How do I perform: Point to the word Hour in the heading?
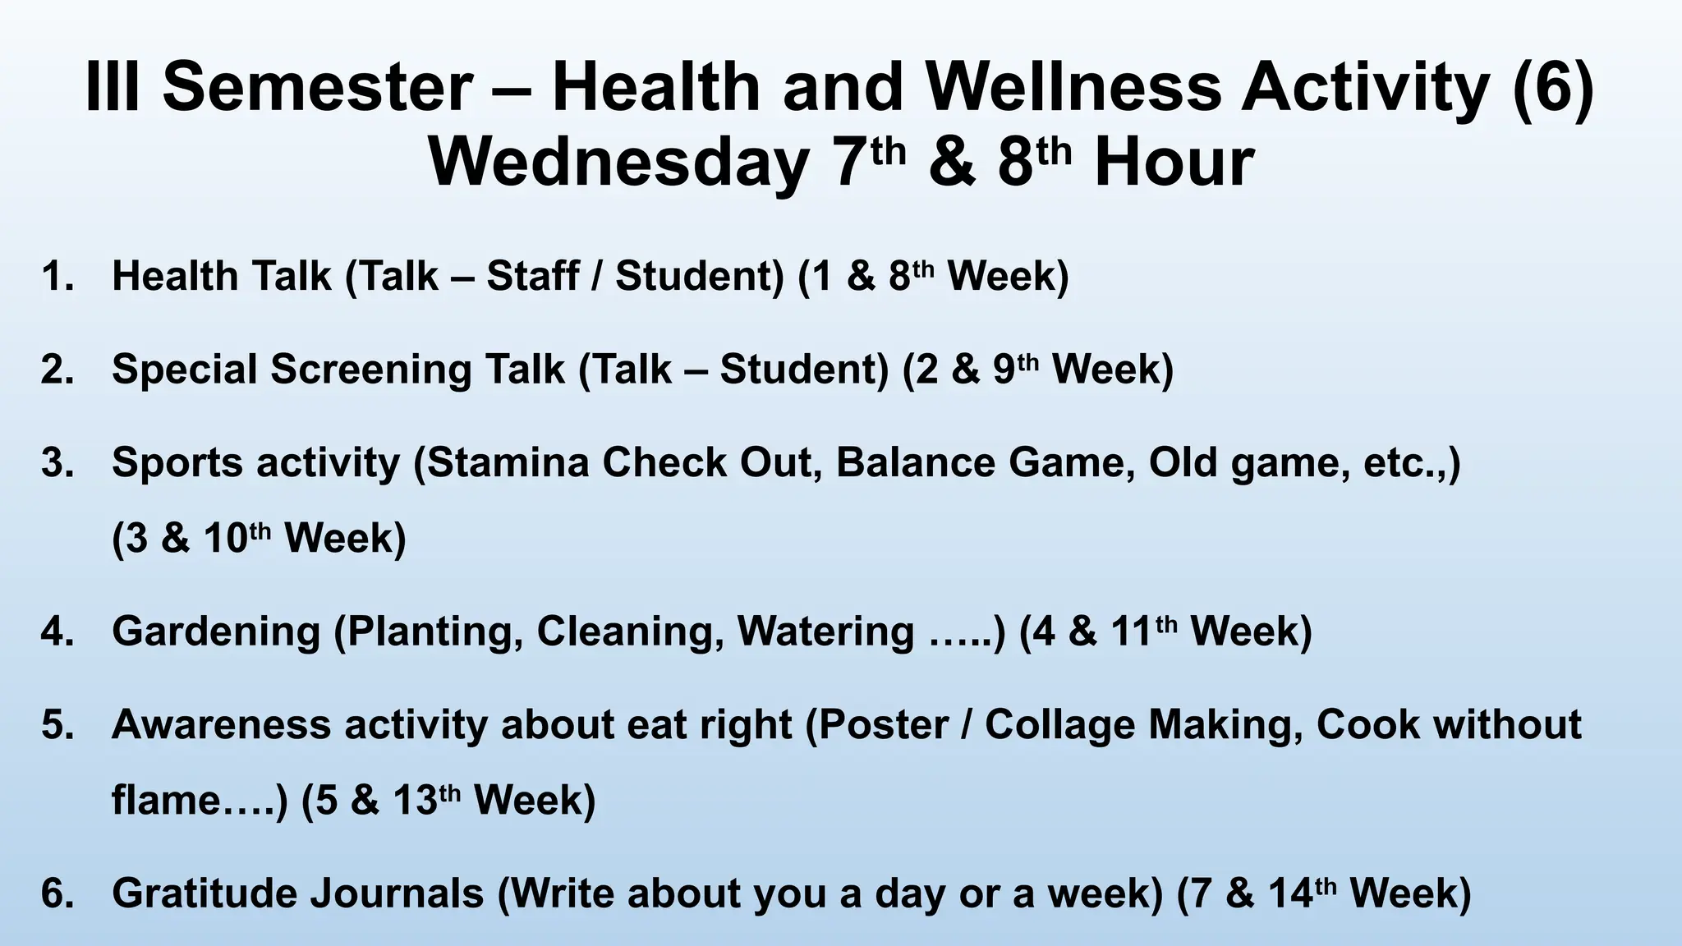point(1174,163)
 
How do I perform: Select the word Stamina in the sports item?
point(508,463)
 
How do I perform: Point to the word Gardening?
point(216,632)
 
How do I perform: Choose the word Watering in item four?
point(825,632)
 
